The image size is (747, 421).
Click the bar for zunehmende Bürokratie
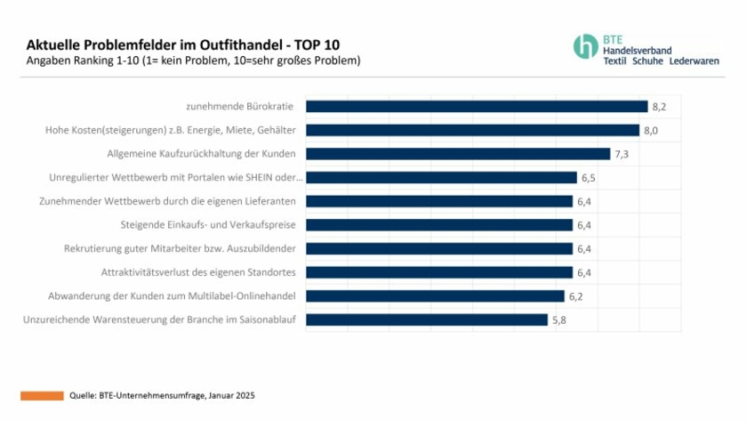[477, 107]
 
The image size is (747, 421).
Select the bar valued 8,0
[472, 130]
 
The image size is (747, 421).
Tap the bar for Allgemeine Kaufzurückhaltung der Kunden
[458, 154]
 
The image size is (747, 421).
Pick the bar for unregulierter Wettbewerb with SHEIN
[441, 177]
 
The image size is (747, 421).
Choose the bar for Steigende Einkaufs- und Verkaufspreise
[439, 225]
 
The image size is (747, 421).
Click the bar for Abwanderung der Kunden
[435, 296]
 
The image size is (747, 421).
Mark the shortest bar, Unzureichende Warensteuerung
[427, 320]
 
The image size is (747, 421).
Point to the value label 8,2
[660, 107]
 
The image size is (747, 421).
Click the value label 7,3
[622, 154]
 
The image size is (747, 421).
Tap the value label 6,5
[588, 178]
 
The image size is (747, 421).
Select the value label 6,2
[575, 296]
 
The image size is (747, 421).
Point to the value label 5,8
[559, 320]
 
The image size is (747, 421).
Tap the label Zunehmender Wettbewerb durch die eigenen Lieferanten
[168, 201]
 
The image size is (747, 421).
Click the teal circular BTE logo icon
[585, 46]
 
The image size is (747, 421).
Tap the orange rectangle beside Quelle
[42, 394]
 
